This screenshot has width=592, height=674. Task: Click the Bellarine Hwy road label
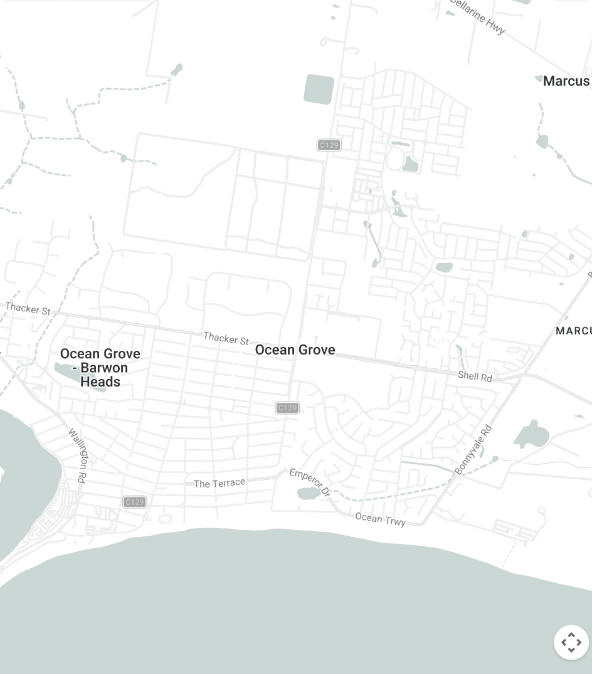478,18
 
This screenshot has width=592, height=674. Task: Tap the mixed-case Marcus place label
566,81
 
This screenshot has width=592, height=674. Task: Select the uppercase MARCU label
573,331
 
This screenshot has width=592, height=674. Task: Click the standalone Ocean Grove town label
295,350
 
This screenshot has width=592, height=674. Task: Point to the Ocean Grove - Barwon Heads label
100,368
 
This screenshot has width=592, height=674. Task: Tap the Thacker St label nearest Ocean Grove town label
226,339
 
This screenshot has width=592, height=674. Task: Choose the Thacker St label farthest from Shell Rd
28,308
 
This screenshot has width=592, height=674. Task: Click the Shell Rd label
475,376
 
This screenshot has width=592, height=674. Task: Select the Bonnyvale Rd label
473,450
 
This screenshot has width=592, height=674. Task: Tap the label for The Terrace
219,484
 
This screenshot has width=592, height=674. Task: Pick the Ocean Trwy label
380,518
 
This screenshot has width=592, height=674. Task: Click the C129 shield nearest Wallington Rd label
134,502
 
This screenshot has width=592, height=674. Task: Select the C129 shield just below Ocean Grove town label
287,408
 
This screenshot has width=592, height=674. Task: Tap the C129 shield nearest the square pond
329,145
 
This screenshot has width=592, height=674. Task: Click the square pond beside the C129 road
319,89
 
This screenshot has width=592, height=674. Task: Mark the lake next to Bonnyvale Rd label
532,435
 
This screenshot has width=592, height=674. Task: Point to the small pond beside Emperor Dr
308,494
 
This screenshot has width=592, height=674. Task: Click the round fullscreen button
571,642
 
